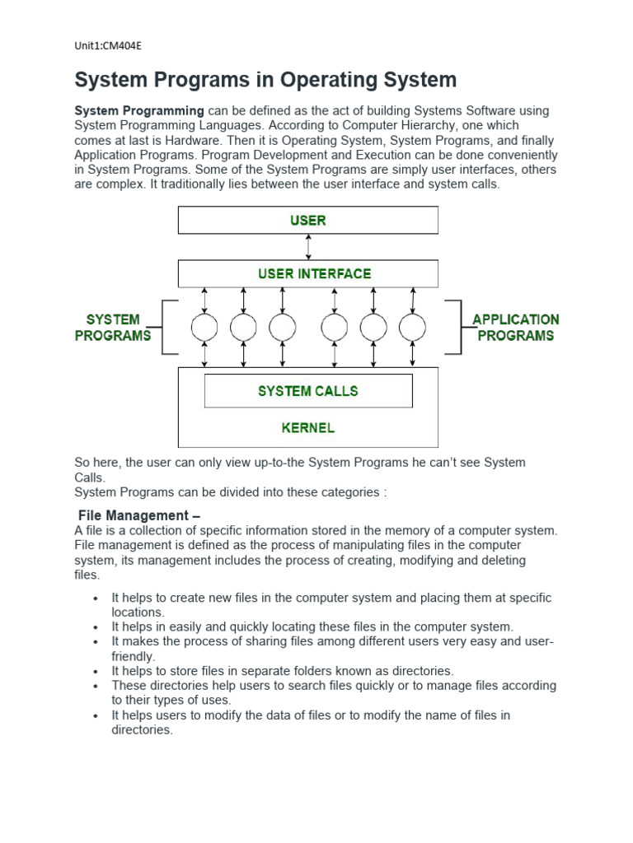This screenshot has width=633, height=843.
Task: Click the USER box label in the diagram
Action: [307, 220]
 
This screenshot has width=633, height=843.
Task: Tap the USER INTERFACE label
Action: [315, 273]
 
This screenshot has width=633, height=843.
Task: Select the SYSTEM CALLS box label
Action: [307, 391]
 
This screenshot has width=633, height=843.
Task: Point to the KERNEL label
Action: [307, 428]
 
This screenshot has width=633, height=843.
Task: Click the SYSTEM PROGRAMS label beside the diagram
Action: [113, 327]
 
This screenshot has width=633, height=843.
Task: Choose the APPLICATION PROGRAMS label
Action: [515, 327]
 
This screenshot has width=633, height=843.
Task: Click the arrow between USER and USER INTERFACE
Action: [308, 247]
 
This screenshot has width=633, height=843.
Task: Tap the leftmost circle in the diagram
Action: [204, 328]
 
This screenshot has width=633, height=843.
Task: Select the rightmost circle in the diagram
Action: [412, 328]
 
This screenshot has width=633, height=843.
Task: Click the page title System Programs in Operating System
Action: [265, 80]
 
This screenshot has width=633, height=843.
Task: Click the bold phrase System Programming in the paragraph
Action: [139, 110]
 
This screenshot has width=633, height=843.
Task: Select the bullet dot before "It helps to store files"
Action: [96, 672]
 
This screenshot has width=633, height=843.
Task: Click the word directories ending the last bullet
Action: [142, 730]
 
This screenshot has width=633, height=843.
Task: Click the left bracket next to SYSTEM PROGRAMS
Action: [169, 327]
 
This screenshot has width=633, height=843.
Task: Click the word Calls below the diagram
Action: [90, 477]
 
